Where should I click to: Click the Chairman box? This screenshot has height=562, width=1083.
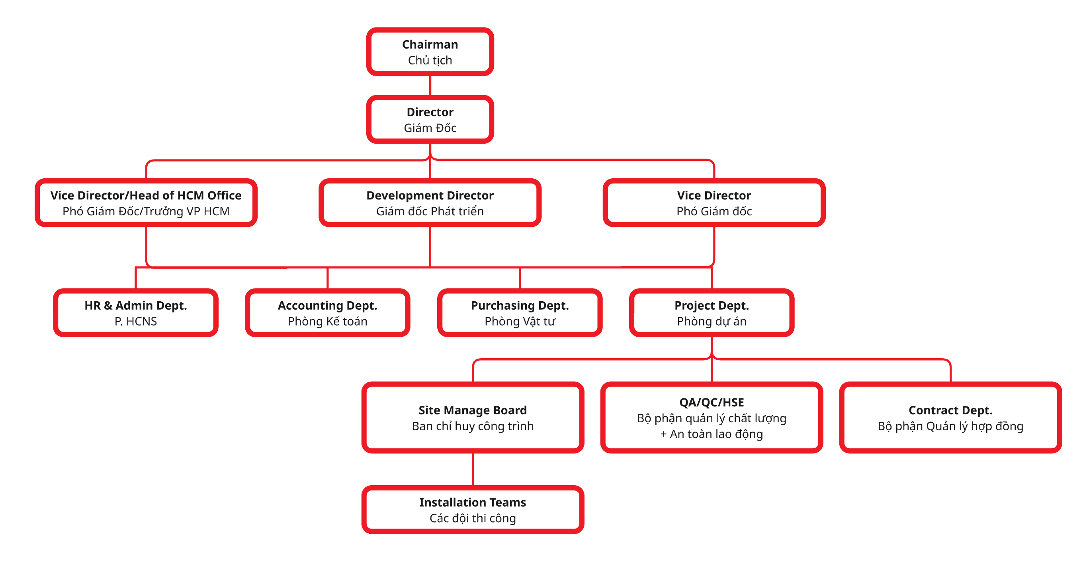point(430,52)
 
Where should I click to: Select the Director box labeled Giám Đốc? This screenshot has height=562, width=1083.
point(430,119)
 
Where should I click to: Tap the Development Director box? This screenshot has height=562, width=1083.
point(430,203)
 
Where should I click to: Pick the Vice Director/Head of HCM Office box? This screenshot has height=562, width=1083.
point(146,203)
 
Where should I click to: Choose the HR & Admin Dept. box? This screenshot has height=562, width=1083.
point(135,313)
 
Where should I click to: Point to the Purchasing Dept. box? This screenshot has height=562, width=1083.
point(520,313)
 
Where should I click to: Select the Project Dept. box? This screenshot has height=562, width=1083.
point(712,313)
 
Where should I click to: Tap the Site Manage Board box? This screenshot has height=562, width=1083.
point(473,418)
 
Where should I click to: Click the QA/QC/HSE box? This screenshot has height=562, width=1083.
point(712,418)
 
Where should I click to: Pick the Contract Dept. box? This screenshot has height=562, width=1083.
point(950,418)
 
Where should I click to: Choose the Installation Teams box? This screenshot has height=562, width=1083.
point(473,509)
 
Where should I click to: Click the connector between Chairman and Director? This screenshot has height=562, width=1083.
point(430,86)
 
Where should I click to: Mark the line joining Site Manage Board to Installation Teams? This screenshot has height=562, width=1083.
point(473,469)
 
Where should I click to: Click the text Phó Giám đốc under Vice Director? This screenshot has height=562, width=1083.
point(714,211)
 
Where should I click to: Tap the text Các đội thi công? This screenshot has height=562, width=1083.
point(473,518)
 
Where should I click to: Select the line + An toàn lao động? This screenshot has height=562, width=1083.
point(712,434)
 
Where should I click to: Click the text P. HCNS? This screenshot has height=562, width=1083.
point(135,321)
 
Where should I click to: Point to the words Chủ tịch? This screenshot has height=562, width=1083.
point(430,60)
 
